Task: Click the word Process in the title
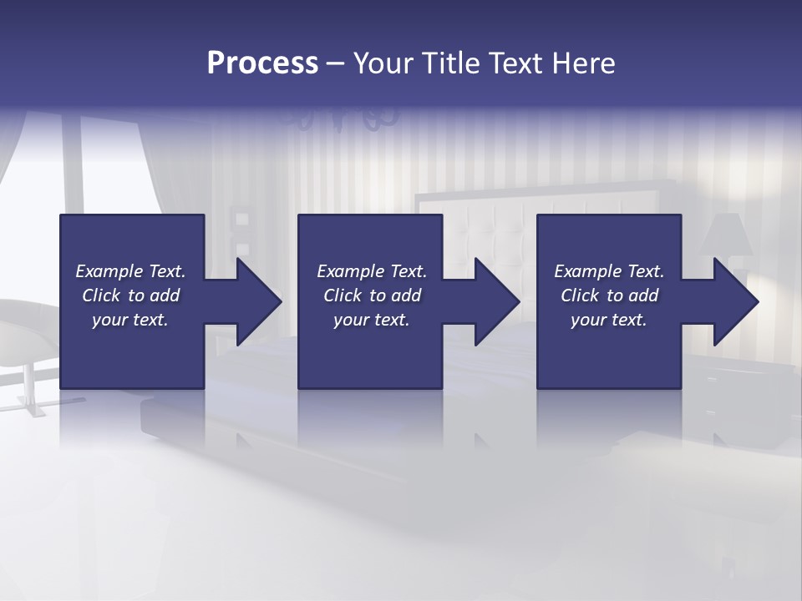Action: click(262, 63)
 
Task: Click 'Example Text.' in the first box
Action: click(130, 271)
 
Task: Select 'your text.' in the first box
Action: click(130, 320)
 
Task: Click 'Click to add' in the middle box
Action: click(372, 295)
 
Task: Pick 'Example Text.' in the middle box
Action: click(372, 271)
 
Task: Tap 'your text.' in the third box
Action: click(609, 320)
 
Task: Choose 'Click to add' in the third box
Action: click(609, 295)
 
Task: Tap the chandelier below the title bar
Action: click(343, 117)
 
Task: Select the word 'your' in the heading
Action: click(383, 63)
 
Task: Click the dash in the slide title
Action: click(335, 65)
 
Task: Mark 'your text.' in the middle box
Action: click(372, 320)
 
